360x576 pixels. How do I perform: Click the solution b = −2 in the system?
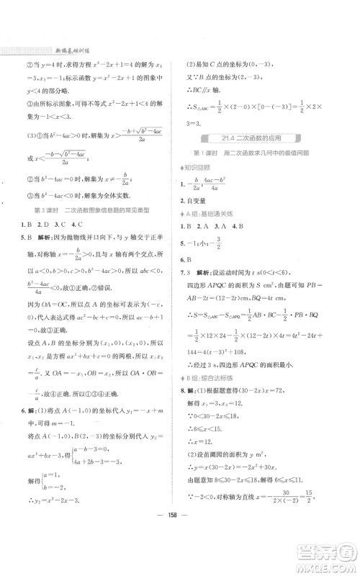71,509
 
